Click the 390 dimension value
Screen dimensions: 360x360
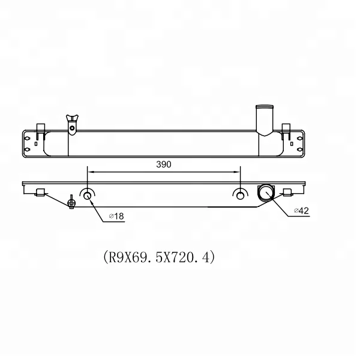coord(163,164)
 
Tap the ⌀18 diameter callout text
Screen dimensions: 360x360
coord(116,217)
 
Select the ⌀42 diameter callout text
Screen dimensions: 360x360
coord(302,210)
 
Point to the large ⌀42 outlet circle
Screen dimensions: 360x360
coord(265,193)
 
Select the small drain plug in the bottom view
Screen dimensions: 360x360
coord(71,201)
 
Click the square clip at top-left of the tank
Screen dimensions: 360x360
coord(41,128)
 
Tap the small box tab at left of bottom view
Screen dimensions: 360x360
coord(41,192)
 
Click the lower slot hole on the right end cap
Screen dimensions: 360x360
coord(299,145)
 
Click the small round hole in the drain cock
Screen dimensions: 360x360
coord(72,127)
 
